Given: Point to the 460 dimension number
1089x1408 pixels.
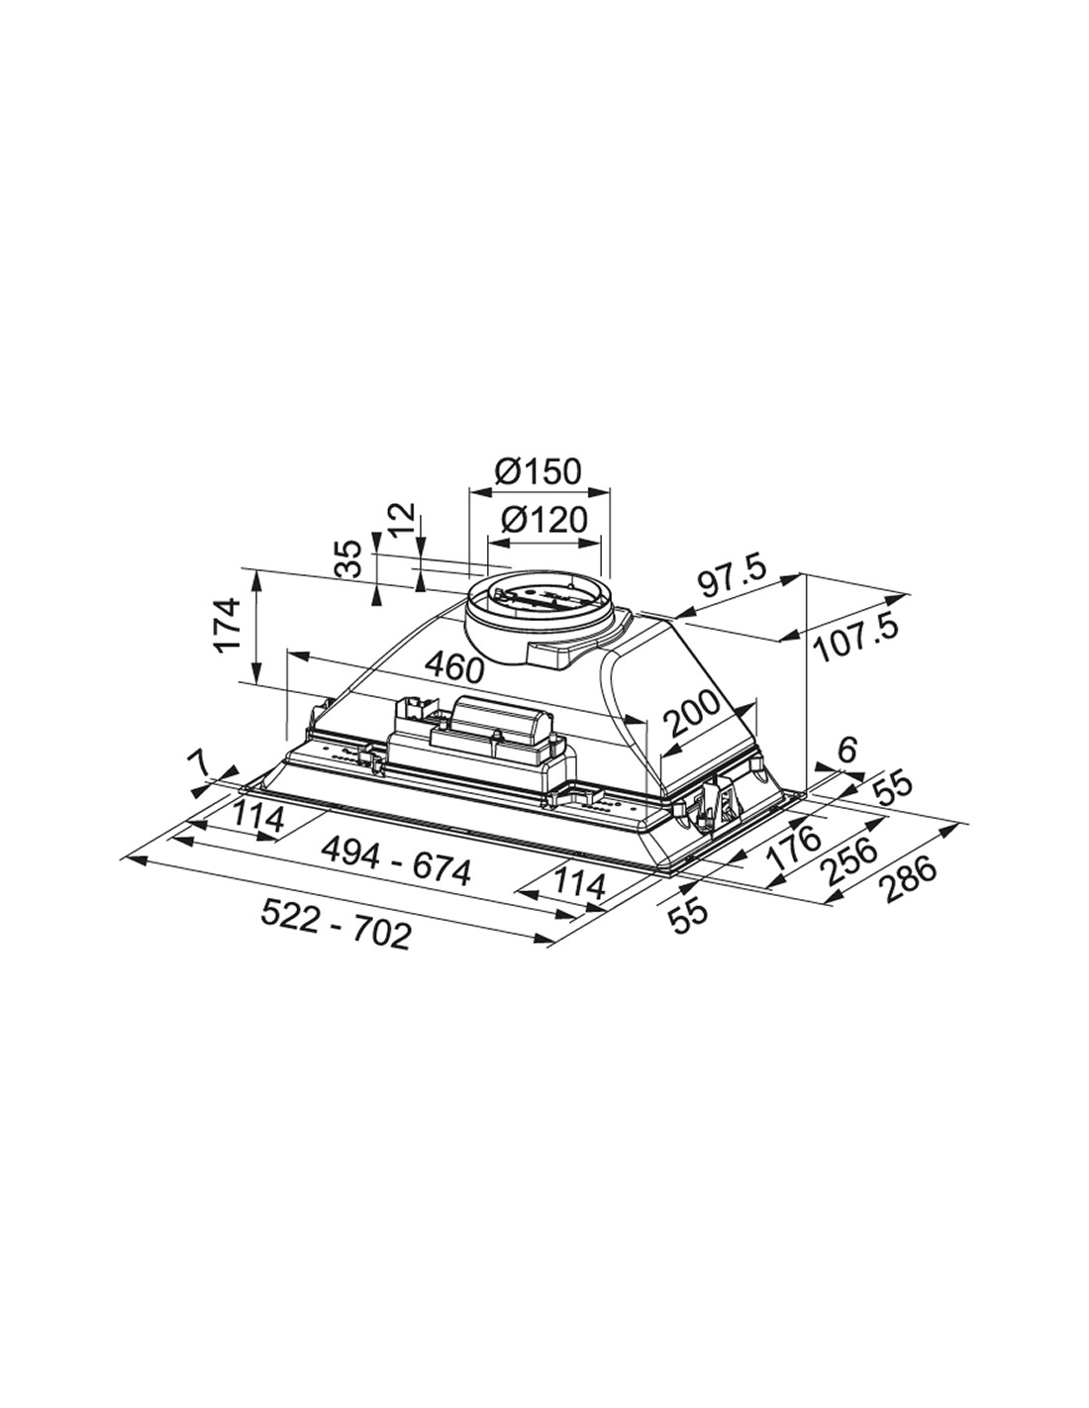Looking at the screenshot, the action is [454, 668].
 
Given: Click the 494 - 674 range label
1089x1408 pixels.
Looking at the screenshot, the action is [395, 862].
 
